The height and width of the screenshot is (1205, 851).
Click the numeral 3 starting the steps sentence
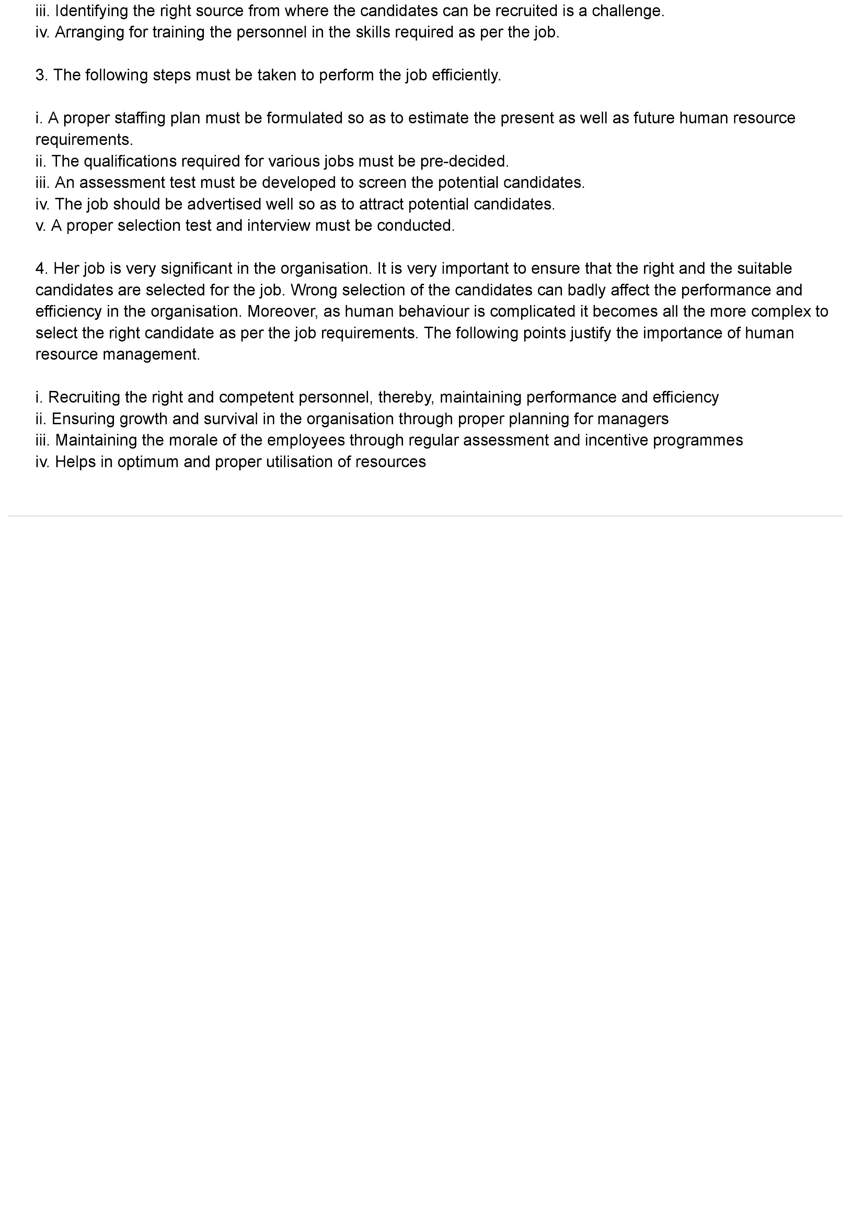pyautogui.click(x=41, y=75)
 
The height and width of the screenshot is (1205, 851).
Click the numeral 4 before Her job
pyautogui.click(x=41, y=269)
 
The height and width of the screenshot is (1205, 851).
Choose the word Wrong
pyautogui.click(x=316, y=290)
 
